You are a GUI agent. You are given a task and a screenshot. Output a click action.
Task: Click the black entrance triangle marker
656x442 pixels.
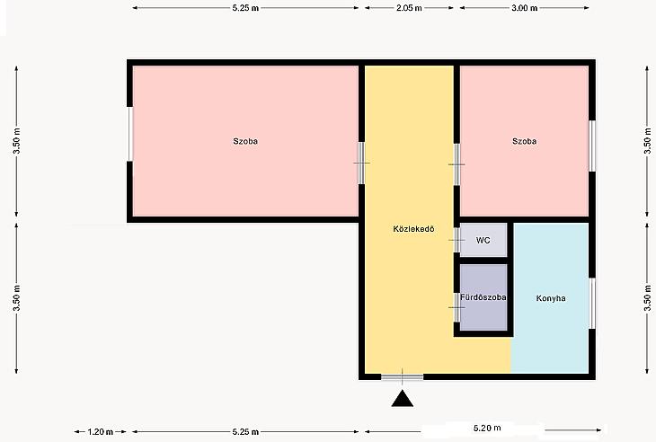click(403, 399)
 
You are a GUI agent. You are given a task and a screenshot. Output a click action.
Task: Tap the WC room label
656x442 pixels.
click(483, 241)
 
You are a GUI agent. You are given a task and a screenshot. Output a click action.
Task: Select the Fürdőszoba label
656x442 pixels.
click(483, 297)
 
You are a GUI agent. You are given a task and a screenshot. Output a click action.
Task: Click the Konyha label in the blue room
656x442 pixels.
click(551, 298)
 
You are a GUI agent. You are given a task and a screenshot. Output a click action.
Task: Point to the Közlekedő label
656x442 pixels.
click(413, 229)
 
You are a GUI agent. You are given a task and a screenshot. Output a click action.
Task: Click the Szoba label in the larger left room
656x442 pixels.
click(245, 141)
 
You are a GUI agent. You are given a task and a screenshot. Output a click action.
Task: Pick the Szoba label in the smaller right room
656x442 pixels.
click(524, 141)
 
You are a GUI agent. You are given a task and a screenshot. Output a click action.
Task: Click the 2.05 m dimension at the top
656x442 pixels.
click(409, 8)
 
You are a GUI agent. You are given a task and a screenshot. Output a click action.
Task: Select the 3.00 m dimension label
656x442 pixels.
click(524, 8)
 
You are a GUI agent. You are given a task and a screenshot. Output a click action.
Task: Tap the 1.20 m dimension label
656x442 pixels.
click(101, 431)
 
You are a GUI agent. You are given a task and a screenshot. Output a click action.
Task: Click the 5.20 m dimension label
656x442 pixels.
click(487, 428)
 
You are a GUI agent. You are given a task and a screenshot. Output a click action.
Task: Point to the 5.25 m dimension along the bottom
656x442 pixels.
click(245, 431)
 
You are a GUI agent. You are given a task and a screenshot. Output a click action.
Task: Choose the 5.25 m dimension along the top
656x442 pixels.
click(245, 8)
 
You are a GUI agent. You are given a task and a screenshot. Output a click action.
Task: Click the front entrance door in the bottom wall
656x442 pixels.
click(402, 377)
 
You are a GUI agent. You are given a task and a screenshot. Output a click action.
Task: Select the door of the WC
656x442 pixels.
click(457, 240)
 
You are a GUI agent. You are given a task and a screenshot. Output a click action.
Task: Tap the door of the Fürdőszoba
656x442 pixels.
click(457, 307)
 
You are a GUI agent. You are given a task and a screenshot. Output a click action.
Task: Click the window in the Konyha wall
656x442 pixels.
click(592, 303)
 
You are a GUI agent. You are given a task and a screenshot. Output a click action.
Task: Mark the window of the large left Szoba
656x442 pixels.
click(129, 134)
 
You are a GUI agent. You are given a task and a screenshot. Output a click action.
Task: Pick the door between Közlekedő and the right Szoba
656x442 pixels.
click(457, 164)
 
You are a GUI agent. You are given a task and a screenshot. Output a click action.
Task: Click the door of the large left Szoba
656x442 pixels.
click(362, 163)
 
